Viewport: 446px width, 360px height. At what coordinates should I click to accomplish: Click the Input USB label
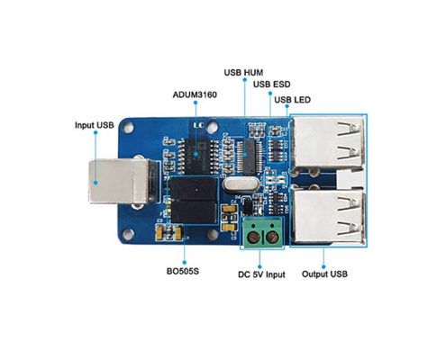(95, 125)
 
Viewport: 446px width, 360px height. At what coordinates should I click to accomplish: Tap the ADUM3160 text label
(195, 94)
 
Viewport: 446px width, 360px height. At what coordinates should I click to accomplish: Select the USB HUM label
(243, 73)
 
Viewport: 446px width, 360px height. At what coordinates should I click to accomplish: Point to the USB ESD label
(272, 85)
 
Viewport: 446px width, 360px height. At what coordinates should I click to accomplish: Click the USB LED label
(292, 100)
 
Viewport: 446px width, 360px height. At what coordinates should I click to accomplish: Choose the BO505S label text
(183, 272)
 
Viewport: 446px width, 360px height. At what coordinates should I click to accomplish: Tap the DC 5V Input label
(261, 274)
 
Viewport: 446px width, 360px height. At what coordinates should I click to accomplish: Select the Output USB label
(324, 274)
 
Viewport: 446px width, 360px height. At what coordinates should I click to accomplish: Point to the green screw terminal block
(262, 233)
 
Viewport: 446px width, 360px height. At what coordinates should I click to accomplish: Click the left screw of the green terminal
(253, 238)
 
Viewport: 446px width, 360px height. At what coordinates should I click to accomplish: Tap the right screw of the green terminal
(272, 238)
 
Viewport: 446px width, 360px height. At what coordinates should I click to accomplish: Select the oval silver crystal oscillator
(241, 184)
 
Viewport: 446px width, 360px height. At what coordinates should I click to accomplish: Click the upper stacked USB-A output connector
(329, 142)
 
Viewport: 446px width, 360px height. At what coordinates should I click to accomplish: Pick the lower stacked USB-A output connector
(329, 216)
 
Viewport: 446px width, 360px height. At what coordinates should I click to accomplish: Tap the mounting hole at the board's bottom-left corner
(128, 234)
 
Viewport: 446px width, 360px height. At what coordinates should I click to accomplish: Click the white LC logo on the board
(199, 125)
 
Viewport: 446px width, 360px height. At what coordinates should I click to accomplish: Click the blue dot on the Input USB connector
(96, 182)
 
